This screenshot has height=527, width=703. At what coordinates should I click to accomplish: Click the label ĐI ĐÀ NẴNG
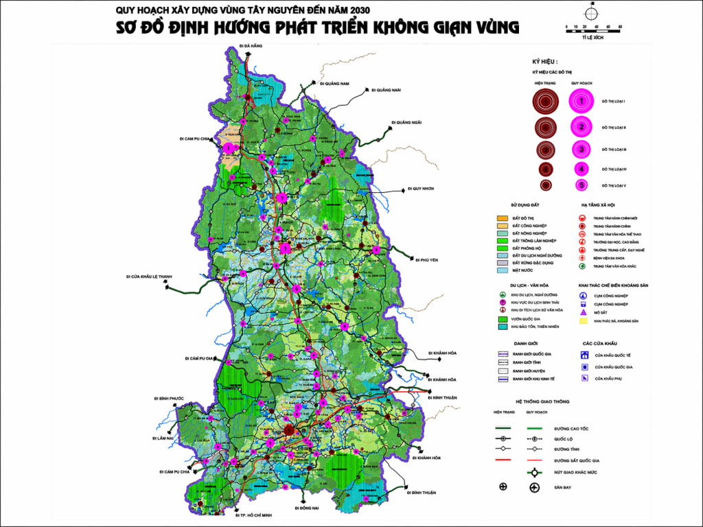pyautogui.click(x=251, y=45)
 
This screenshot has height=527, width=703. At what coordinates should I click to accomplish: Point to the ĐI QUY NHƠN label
pyautogui.click(x=422, y=188)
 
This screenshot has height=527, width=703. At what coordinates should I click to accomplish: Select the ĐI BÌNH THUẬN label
pyautogui.click(x=421, y=493)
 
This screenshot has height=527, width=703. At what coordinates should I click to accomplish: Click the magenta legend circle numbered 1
pyautogui.click(x=581, y=101)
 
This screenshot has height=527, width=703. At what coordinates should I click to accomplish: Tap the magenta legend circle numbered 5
pyautogui.click(x=581, y=185)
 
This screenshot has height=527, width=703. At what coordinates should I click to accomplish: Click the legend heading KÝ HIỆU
pyautogui.click(x=545, y=61)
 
